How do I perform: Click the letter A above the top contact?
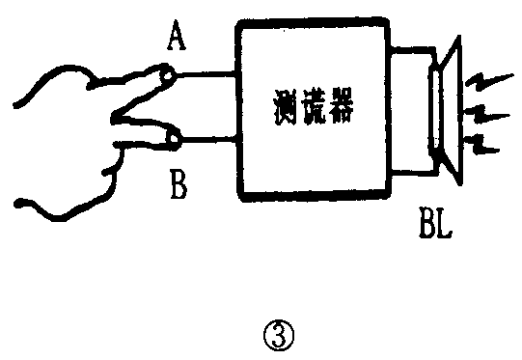177,39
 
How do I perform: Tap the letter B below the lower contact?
177,183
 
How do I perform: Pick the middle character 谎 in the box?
311,104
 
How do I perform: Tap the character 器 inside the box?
342,104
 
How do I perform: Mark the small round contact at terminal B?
174,142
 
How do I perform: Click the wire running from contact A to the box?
206,72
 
